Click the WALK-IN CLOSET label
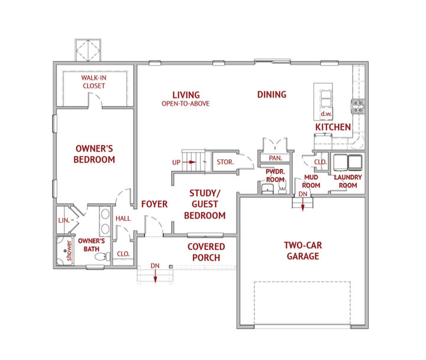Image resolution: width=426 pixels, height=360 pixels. (x=93, y=82)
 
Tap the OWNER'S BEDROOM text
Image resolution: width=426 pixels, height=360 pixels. (x=94, y=154)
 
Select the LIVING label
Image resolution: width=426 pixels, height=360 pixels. (x=186, y=95)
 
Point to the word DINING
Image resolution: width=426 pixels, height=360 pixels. (x=272, y=95)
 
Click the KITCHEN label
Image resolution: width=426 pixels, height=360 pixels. (x=333, y=127)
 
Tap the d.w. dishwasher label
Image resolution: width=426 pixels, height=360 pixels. (x=326, y=113)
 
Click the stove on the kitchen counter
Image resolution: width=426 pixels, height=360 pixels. (x=358, y=106)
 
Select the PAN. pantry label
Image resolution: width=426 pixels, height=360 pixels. (x=275, y=158)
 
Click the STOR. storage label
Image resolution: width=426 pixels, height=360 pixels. (x=225, y=162)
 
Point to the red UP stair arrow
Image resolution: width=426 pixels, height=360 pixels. (x=189, y=162)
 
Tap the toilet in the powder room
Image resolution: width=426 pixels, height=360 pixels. (x=283, y=187)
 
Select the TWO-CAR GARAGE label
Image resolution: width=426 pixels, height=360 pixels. (x=303, y=251)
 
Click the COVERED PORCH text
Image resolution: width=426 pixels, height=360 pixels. (x=206, y=252)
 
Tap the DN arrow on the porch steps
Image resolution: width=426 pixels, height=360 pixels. (x=155, y=277)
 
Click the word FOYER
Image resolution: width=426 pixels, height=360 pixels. (x=154, y=204)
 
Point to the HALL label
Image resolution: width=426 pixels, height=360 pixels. (x=123, y=219)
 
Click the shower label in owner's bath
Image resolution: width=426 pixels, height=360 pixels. (x=69, y=250)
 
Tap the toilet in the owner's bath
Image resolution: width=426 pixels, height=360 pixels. (x=102, y=257)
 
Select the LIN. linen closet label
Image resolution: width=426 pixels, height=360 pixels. (x=64, y=220)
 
